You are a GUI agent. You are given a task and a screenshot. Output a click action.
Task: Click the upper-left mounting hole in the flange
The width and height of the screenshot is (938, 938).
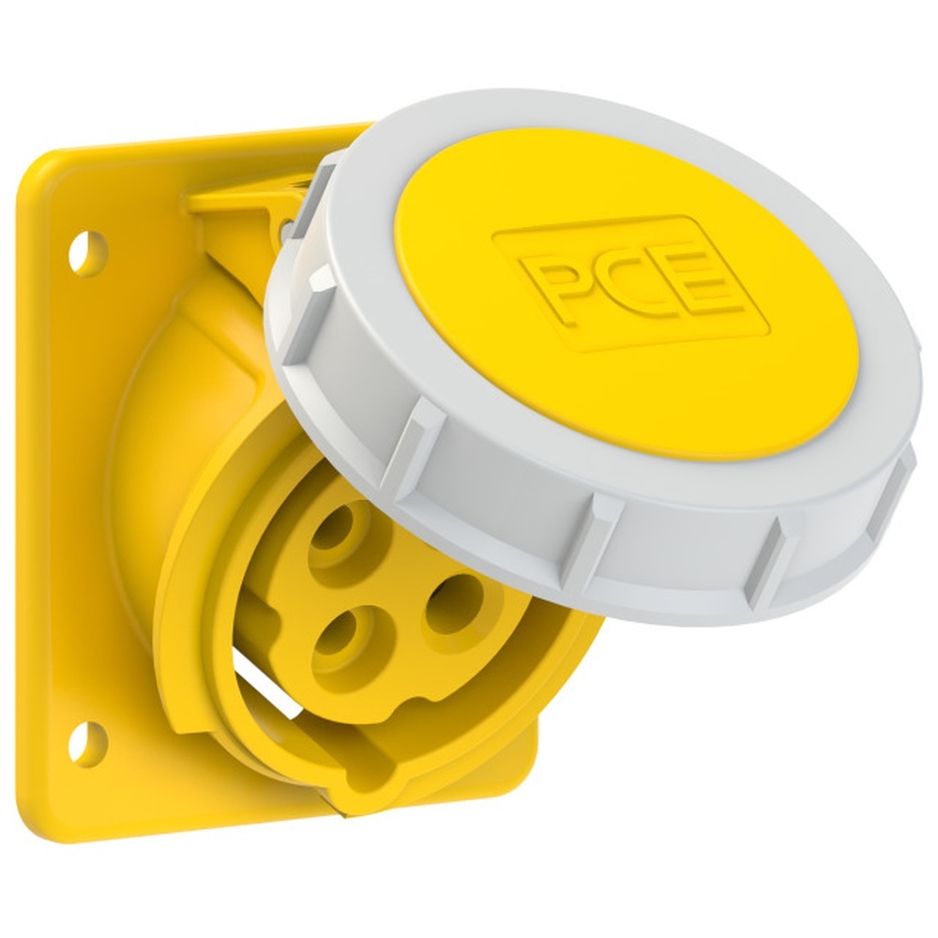88,253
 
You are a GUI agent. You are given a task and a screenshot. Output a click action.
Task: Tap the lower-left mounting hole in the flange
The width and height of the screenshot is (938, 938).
87,741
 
